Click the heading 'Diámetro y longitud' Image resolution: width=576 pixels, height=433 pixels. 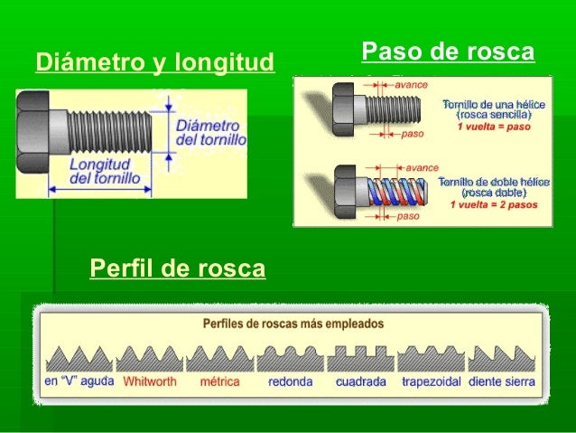(x=153, y=62)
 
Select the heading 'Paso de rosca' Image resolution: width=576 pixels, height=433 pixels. (x=448, y=52)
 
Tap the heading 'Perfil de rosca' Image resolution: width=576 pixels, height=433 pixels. (x=178, y=268)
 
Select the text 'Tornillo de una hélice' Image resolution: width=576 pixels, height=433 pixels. (x=493, y=106)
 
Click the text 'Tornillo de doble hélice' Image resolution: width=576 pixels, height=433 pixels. (x=492, y=183)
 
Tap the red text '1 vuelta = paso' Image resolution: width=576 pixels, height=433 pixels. (x=493, y=127)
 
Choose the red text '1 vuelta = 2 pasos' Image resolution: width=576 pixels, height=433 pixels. (x=494, y=204)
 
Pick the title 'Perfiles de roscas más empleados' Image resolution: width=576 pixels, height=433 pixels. (x=289, y=322)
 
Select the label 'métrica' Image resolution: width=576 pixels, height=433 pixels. (x=220, y=381)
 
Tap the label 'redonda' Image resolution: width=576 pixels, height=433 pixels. (x=291, y=381)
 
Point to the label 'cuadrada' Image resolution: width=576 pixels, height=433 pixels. (x=361, y=381)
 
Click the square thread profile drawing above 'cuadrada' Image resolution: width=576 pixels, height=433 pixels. (x=361, y=356)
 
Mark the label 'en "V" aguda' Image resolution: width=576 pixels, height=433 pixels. (x=79, y=381)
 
